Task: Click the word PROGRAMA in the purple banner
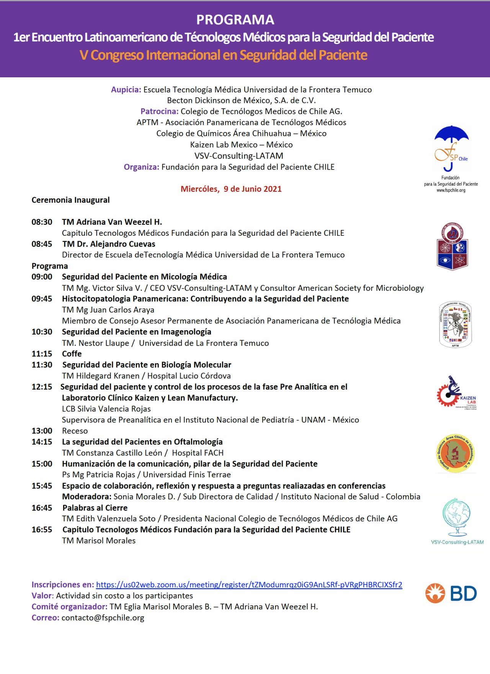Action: tap(235, 20)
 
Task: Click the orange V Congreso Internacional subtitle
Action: tap(224, 55)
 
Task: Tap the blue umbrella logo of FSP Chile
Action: tap(451, 147)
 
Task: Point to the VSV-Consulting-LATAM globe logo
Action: tap(456, 519)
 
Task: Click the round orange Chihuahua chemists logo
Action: tap(455, 454)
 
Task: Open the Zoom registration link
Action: tap(249, 584)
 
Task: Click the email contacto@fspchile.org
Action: tap(103, 617)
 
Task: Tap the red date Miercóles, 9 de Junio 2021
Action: tap(231, 189)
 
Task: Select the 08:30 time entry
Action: tap(42, 222)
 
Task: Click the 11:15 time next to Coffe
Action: tap(42, 354)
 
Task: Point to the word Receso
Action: tap(75, 431)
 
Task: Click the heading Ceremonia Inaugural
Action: tap(70, 200)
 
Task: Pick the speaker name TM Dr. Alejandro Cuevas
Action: tap(109, 244)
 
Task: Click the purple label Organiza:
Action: tap(141, 167)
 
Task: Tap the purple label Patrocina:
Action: tap(159, 111)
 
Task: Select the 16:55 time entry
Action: tap(42, 529)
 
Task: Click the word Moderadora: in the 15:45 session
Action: tap(87, 496)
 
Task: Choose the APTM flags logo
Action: tap(455, 325)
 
